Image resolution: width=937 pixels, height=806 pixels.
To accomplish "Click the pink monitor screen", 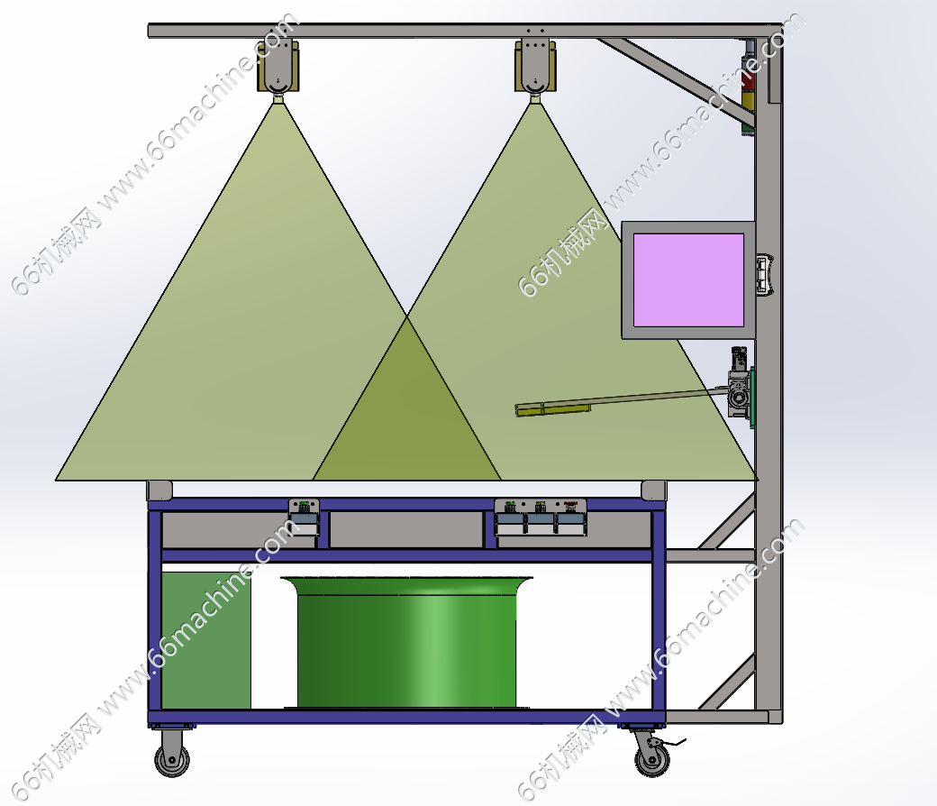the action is point(688,279).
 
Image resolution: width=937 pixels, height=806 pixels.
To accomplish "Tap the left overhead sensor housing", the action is point(277,66).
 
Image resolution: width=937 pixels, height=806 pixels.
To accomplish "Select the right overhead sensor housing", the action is point(535,66).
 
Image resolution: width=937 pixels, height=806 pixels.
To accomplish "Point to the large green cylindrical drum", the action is point(406,643).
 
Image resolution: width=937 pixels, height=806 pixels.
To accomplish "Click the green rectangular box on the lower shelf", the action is point(206,640).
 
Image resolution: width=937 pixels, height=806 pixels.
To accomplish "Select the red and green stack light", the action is point(748,87).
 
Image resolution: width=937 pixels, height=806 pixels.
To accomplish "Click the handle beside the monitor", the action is point(765,275).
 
